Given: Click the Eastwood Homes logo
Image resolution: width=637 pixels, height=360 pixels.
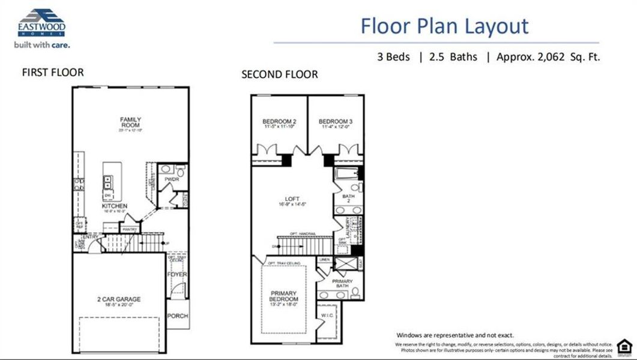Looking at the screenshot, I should coord(41,24).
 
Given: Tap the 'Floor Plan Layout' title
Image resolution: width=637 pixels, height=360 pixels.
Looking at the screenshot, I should coord(444,26).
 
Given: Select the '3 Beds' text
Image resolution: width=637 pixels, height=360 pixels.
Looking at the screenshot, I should coord(393,57).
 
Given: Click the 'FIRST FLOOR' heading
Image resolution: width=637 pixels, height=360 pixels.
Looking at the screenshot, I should coord(53,73).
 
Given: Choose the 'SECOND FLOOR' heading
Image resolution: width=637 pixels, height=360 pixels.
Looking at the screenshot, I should coord(279,74).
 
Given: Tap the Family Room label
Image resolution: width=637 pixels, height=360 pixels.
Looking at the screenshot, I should coord(130,122).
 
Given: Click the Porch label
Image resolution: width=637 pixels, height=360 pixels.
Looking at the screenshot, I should coord(177,316).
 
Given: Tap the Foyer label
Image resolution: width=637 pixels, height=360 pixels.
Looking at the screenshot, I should coord(177,275).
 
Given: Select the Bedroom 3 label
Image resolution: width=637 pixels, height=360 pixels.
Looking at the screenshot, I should coord(335,122).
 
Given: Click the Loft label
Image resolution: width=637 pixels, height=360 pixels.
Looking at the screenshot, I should coord(292,199).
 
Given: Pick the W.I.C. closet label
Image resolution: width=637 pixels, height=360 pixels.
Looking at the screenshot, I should coord(327,315).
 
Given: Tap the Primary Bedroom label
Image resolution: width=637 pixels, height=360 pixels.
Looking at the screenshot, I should coord(283,296).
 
